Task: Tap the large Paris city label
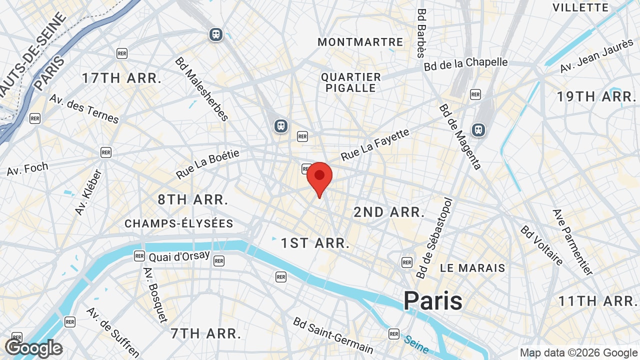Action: [x=433, y=300]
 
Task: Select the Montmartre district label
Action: [x=360, y=42]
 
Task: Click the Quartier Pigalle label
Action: [x=351, y=82]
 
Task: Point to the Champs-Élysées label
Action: [x=179, y=223]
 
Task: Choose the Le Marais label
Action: [x=472, y=268]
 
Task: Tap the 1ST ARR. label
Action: [x=315, y=243]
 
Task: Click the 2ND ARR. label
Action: [x=389, y=212]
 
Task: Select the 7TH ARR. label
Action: [x=206, y=333]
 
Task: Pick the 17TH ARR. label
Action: [x=122, y=78]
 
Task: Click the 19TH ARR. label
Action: [x=596, y=97]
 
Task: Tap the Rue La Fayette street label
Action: [x=375, y=145]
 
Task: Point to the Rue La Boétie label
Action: [x=207, y=164]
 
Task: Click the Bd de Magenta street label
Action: [x=460, y=136]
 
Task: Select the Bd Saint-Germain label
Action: [x=333, y=335]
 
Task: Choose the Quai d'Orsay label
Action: [x=179, y=256]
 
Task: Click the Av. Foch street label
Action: [x=27, y=169]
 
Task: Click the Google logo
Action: [x=34, y=348]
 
